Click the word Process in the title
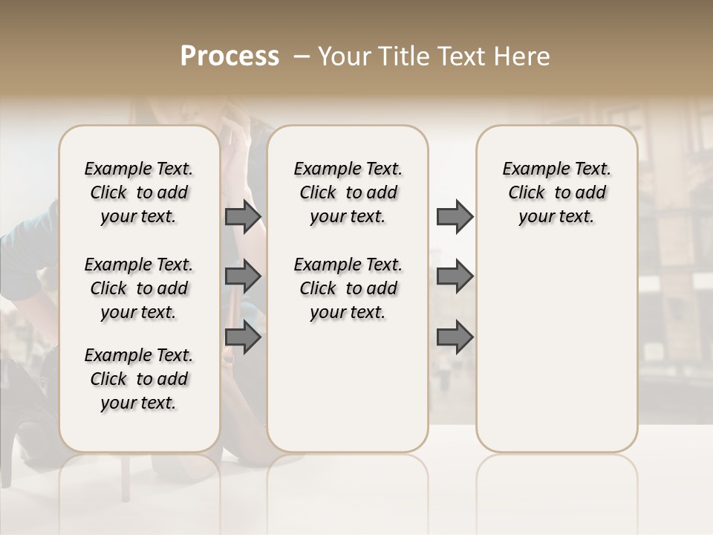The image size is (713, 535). pyautogui.click(x=229, y=56)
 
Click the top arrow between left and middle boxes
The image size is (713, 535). pyautogui.click(x=243, y=217)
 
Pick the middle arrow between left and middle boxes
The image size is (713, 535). pyautogui.click(x=243, y=277)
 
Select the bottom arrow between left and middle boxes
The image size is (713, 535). pyautogui.click(x=243, y=337)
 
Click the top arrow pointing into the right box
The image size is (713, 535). pyautogui.click(x=455, y=217)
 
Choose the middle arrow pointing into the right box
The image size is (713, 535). pyautogui.click(x=455, y=277)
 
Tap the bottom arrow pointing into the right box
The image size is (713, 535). pyautogui.click(x=455, y=337)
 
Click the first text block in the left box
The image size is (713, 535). pyautogui.click(x=139, y=192)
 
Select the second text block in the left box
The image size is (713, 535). pyautogui.click(x=139, y=288)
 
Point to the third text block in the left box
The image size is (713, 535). pyautogui.click(x=139, y=379)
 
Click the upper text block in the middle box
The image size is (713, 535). pyautogui.click(x=348, y=192)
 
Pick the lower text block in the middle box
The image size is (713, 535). pyautogui.click(x=348, y=288)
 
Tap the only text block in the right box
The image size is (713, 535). pyautogui.click(x=556, y=192)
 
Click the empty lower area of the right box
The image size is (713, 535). pyautogui.click(x=556, y=349)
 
